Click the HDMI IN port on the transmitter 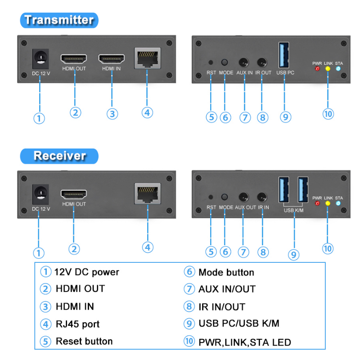(x=112, y=59)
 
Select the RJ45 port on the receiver (x=147, y=194)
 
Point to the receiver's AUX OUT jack (x=244, y=197)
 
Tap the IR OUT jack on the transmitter (x=262, y=63)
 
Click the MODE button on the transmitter (x=225, y=63)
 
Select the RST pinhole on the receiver (x=211, y=197)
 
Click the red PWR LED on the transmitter (x=317, y=69)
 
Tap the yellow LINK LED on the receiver (x=328, y=203)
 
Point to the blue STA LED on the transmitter (x=338, y=69)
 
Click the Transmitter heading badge (x=59, y=20)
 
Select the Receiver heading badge (x=59, y=156)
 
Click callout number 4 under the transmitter (x=147, y=112)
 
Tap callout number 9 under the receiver (x=293, y=255)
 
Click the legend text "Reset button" (x=84, y=341)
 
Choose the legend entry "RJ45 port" (x=77, y=324)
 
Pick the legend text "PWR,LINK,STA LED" (x=245, y=342)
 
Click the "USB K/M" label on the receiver (x=293, y=210)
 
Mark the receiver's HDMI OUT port (x=74, y=194)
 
